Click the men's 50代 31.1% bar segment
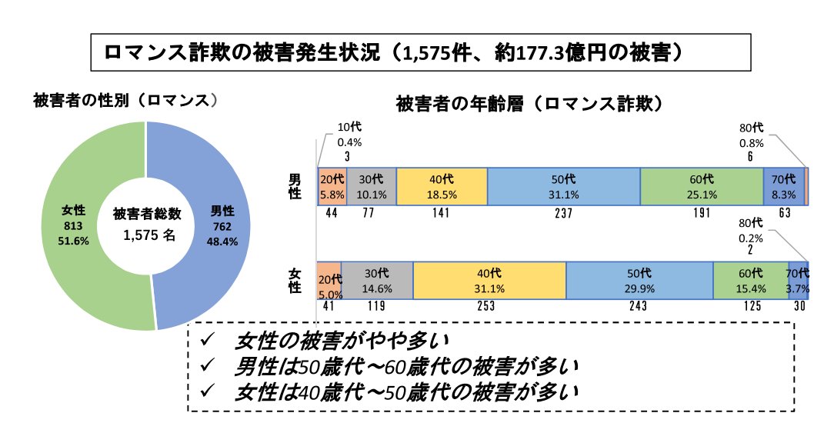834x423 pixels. tap(564, 186)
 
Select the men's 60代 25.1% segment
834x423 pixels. tap(701, 186)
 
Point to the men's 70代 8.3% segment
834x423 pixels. tap(783, 186)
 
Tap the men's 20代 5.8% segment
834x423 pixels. tap(332, 186)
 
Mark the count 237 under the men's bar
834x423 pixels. tap(564, 214)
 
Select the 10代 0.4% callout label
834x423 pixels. tap(349, 135)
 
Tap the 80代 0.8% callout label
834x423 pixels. tap(751, 135)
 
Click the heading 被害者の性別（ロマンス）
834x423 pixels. tap(127, 101)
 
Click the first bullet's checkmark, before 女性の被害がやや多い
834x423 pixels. tap(206, 339)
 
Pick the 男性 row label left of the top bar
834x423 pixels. tap(295, 186)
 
